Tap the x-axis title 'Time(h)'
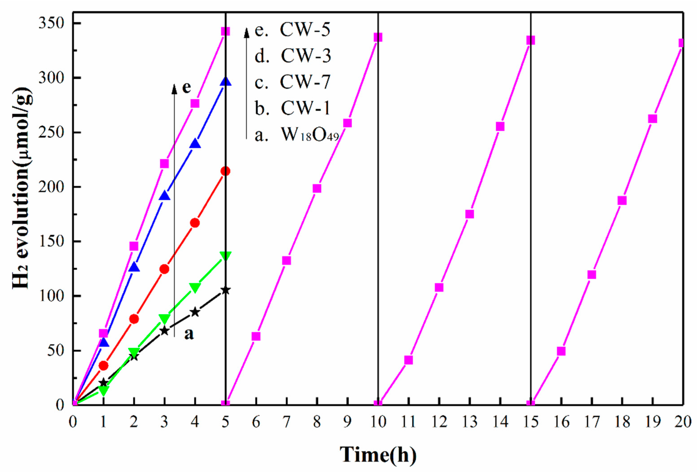point(378,454)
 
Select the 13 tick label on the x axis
point(469,422)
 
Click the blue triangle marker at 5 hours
point(226,82)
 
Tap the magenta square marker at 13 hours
point(470,214)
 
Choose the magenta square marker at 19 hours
point(652,119)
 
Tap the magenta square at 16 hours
point(561,351)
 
